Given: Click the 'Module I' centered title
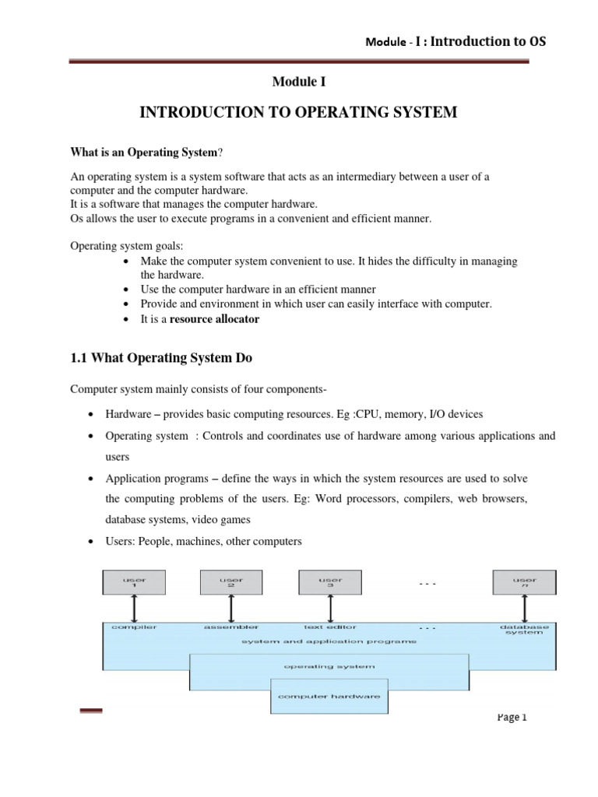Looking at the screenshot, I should (299, 81).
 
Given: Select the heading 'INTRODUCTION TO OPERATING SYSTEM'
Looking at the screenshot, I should (298, 114).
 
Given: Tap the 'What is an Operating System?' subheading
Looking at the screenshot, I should (148, 153).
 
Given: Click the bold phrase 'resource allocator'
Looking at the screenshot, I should (214, 319).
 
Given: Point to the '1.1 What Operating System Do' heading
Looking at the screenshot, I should (162, 358).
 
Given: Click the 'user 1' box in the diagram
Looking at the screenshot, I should (134, 581).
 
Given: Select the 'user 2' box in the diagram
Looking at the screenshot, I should (230, 581).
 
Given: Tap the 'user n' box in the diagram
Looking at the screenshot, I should (524, 581).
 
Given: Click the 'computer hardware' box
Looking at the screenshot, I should (329, 696).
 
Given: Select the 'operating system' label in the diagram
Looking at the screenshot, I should (329, 666).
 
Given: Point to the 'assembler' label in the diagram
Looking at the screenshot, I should (231, 627).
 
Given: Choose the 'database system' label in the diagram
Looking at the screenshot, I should (524, 630).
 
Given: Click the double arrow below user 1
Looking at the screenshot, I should (134, 607).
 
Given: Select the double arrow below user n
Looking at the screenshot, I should (524, 607).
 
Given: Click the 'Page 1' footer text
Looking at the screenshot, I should (512, 718).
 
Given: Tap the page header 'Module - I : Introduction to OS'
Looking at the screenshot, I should (456, 42).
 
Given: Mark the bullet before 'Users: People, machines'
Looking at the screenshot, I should (93, 542).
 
